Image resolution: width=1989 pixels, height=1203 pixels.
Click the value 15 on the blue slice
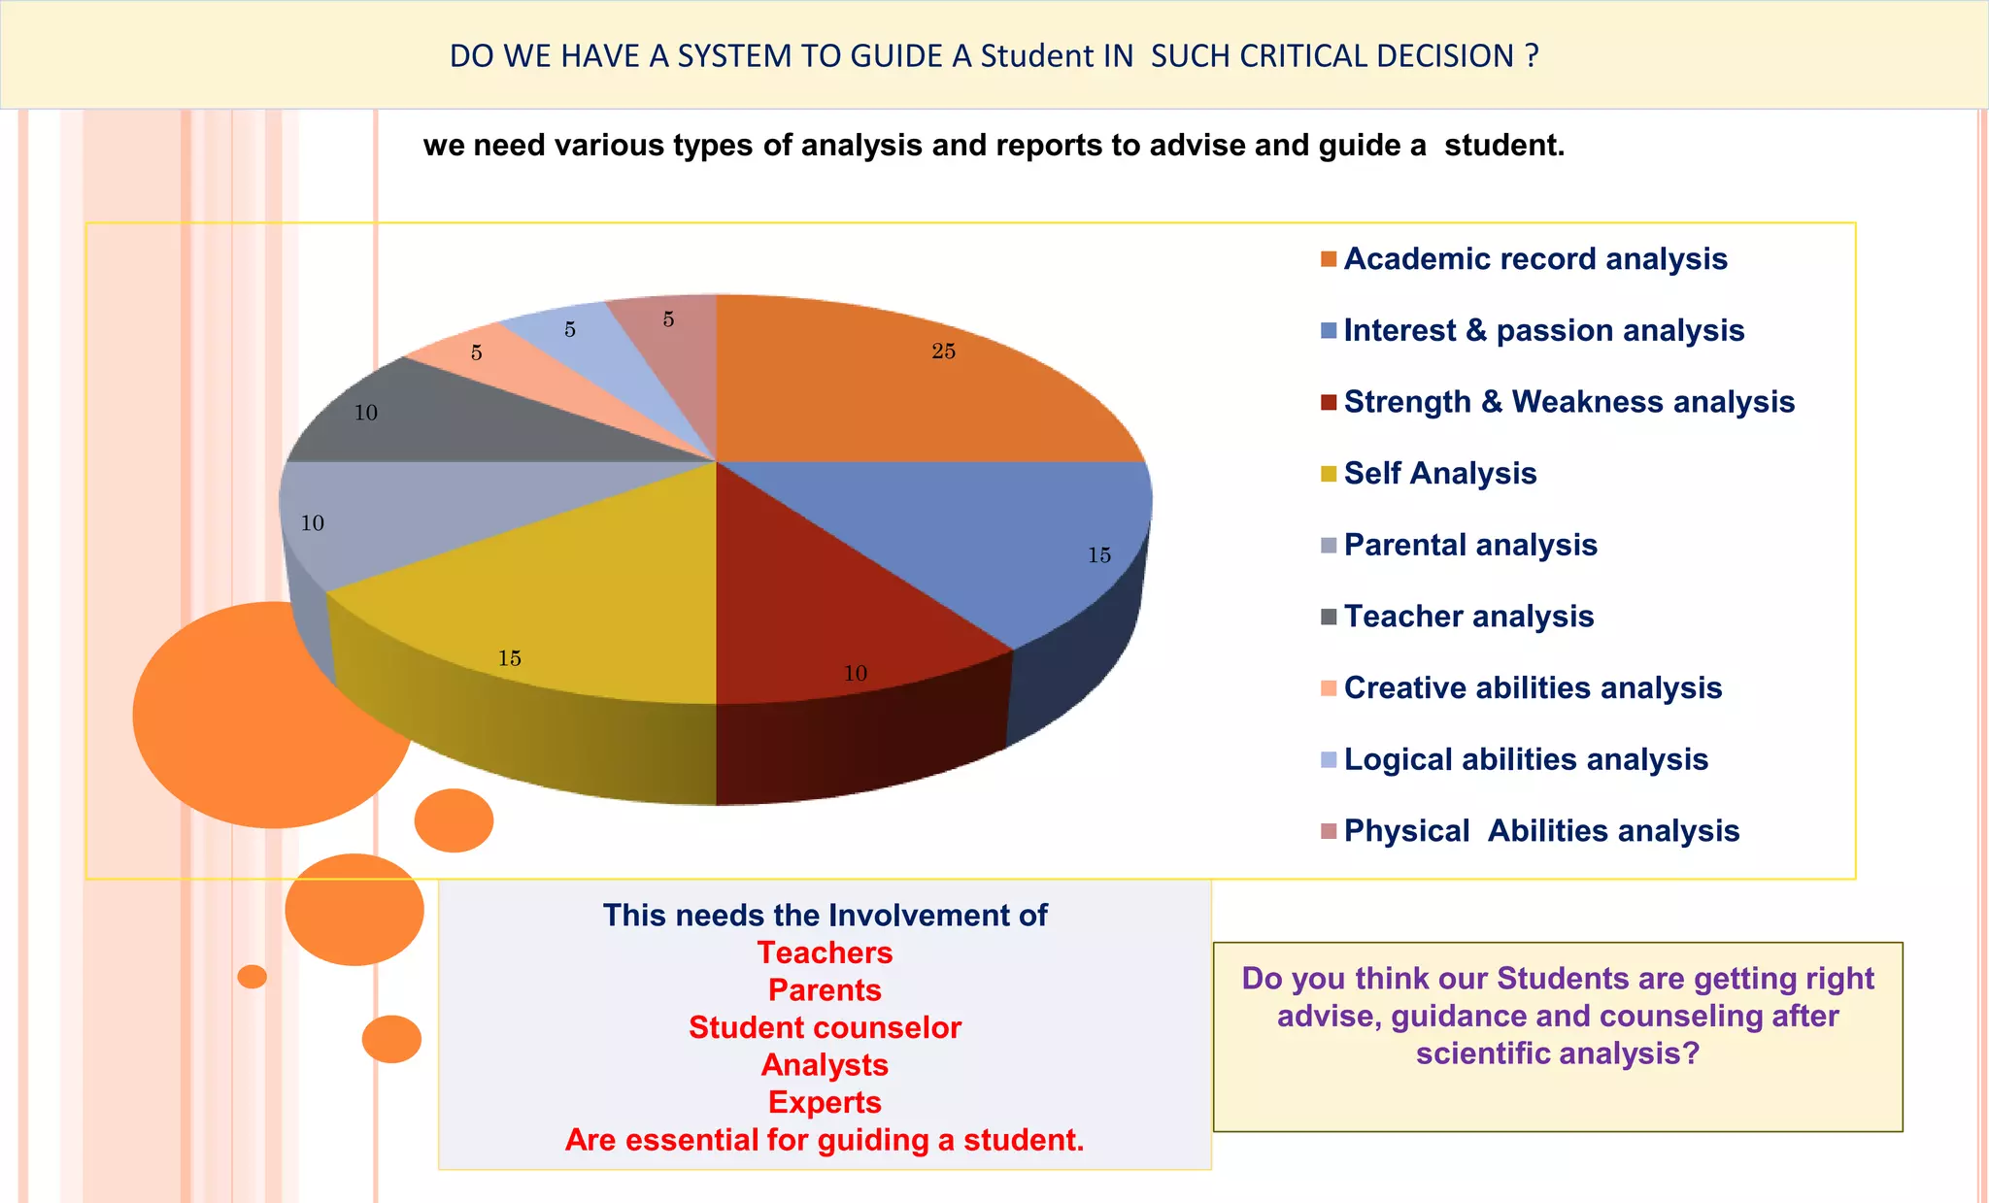1098,555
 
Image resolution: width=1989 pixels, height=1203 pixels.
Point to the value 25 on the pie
943,351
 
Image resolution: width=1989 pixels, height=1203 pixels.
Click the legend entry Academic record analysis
1534,259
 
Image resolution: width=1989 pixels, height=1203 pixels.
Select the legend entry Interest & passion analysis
1543,331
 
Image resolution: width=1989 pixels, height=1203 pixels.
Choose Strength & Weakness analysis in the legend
1568,402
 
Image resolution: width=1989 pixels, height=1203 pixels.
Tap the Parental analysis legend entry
1470,545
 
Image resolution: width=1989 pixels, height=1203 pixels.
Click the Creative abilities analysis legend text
1533,687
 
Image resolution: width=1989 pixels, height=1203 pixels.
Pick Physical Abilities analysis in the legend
1541,831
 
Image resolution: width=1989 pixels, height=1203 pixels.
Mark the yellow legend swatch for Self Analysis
1329,474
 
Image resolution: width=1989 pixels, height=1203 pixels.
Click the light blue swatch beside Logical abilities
1329,760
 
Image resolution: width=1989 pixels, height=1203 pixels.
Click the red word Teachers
825,952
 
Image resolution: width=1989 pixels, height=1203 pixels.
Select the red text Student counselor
825,1027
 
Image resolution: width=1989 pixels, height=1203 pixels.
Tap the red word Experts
825,1102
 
